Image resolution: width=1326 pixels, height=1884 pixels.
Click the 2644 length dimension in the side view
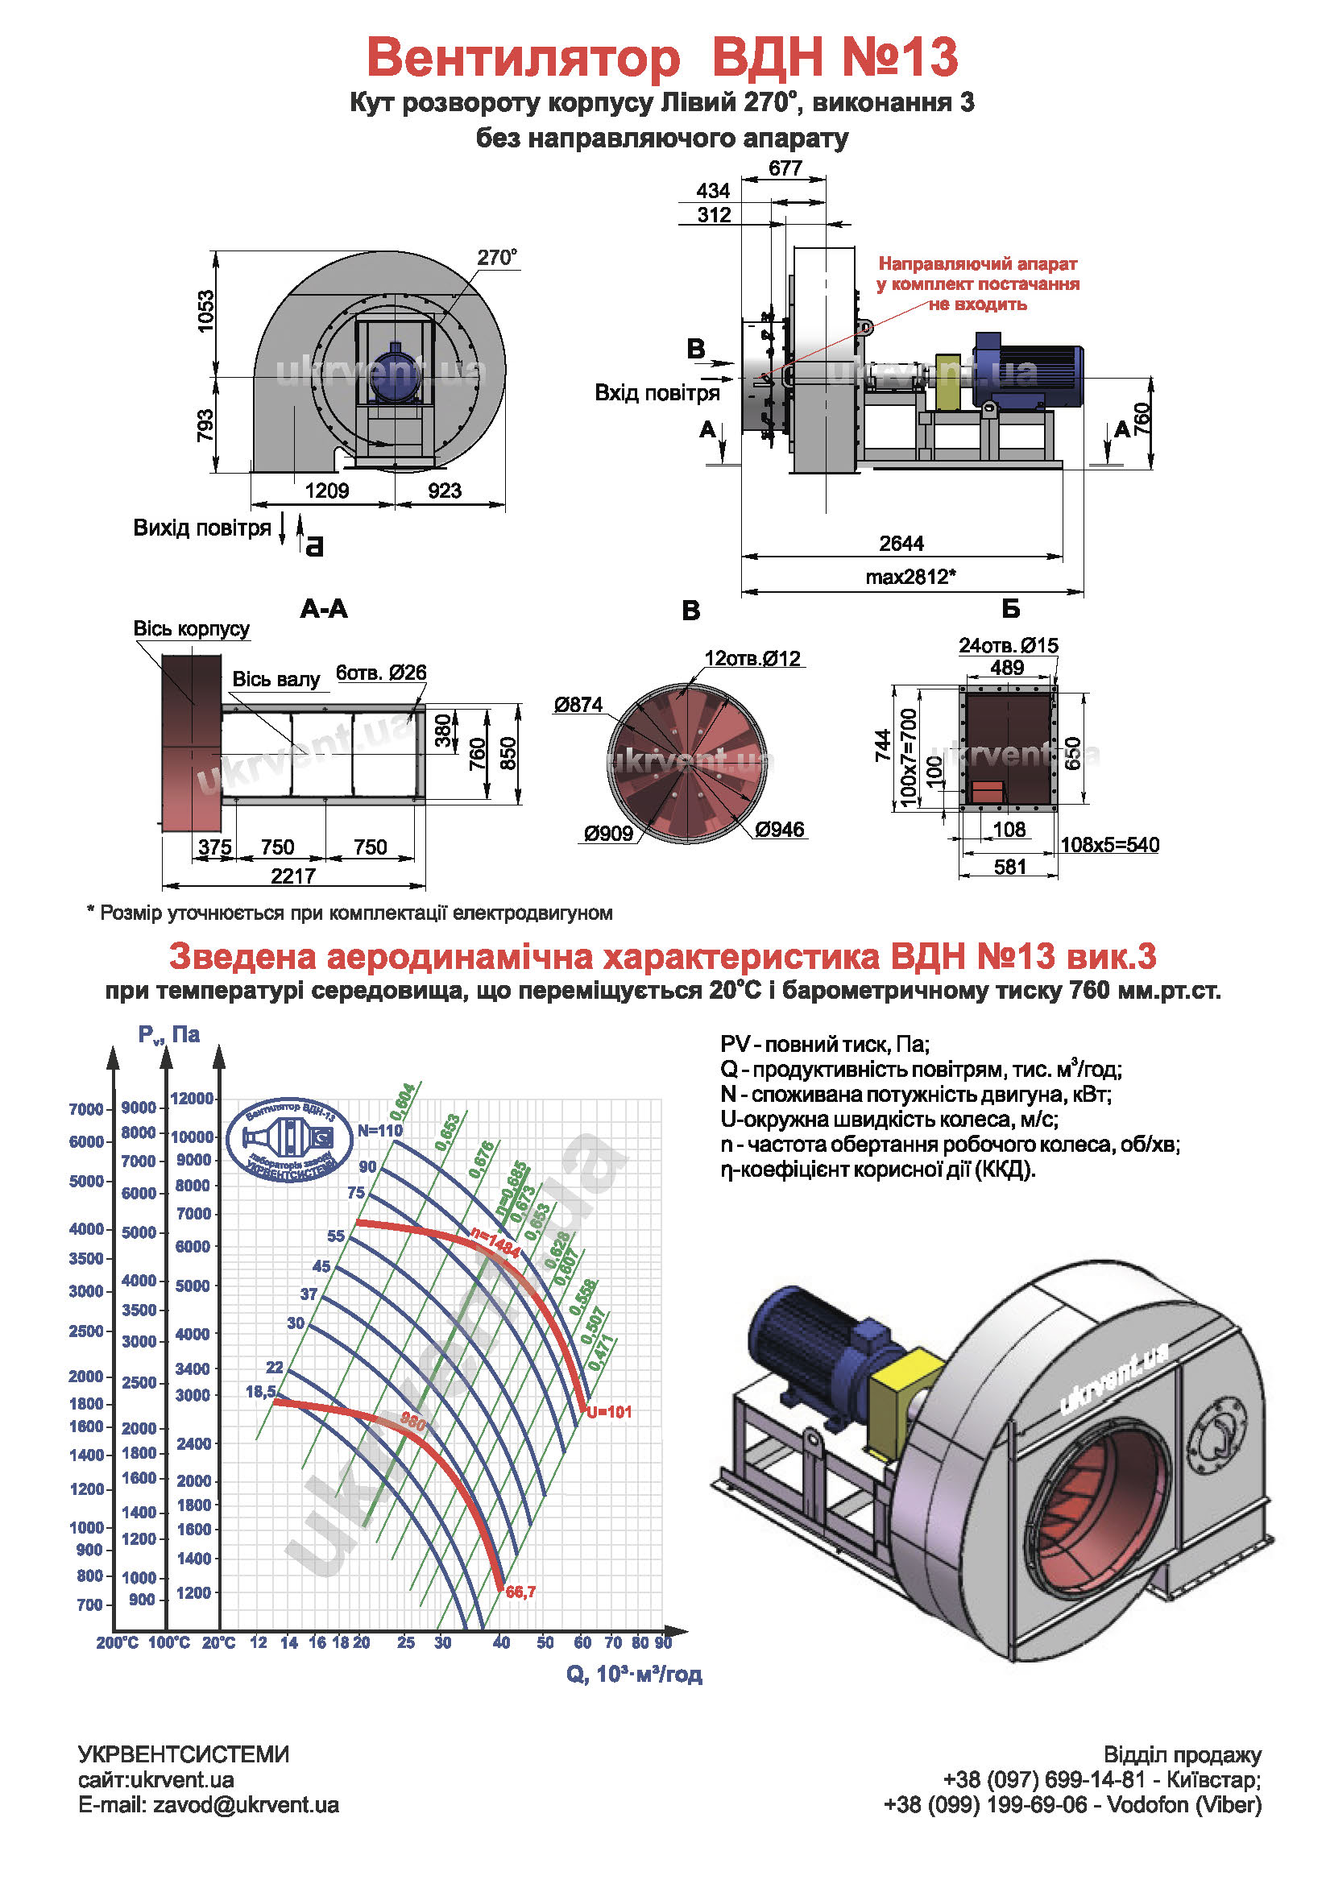pos(901,543)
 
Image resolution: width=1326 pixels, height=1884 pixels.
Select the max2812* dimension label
pos(910,577)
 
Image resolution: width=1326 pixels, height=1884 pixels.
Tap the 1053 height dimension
pos(205,311)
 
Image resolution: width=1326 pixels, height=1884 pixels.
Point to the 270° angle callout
pos(497,258)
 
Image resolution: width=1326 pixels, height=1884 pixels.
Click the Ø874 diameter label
pos(578,704)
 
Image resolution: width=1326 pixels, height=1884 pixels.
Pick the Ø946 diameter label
pos(780,830)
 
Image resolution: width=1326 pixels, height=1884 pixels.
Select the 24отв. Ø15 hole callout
pos(1009,645)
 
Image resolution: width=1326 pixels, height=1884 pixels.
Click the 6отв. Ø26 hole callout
pos(381,673)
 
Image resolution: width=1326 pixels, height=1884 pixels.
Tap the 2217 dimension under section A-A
pos(293,876)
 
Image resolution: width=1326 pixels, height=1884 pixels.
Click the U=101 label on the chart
pos(609,1412)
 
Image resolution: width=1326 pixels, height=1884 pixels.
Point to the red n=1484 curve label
pos(495,1243)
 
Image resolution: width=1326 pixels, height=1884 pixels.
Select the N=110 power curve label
pos(380,1130)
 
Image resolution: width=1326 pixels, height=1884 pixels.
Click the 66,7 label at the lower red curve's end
pos(520,1592)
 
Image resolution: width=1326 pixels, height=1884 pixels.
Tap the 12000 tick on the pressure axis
pos(192,1098)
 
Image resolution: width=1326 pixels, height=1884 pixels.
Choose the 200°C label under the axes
pos(118,1642)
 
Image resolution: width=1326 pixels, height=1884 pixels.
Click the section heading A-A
pos(324,609)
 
